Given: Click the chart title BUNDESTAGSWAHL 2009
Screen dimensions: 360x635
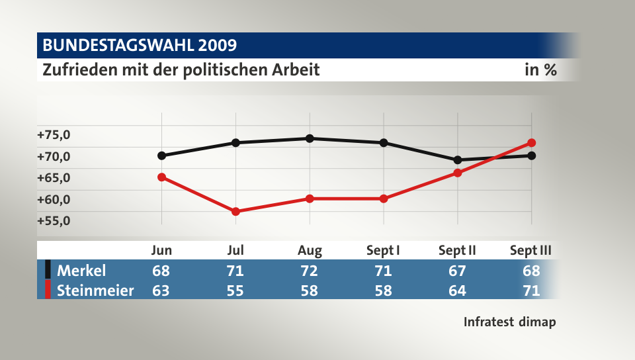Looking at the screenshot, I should pyautogui.click(x=140, y=46).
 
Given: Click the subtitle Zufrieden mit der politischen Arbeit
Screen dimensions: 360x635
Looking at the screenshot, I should pyautogui.click(x=181, y=69).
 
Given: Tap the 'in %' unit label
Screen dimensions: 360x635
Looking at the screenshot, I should pyautogui.click(x=540, y=69).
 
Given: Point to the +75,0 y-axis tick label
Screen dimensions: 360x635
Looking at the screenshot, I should pyautogui.click(x=54, y=135).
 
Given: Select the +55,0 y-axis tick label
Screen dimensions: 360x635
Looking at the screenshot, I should pyautogui.click(x=54, y=220).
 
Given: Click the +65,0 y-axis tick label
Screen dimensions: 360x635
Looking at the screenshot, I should pyautogui.click(x=54, y=177).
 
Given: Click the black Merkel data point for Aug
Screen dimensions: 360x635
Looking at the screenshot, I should pyautogui.click(x=310, y=138).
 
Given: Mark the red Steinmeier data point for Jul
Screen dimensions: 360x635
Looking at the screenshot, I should pyautogui.click(x=235, y=211).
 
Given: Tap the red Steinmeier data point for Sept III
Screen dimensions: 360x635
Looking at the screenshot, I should pyautogui.click(x=531, y=143).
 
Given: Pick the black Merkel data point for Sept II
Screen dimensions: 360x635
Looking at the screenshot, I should pyautogui.click(x=457, y=159).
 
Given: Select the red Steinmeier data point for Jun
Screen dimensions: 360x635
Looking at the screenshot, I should pyautogui.click(x=162, y=177).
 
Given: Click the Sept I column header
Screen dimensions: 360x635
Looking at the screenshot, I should pyautogui.click(x=383, y=250).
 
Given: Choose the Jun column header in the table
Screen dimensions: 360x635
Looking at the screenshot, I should pyautogui.click(x=162, y=250).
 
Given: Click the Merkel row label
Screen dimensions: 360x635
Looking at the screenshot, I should pyautogui.click(x=81, y=270).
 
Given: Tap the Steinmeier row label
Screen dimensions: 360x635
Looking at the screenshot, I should pyautogui.click(x=95, y=290).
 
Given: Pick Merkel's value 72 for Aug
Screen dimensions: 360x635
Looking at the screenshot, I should pyautogui.click(x=310, y=270).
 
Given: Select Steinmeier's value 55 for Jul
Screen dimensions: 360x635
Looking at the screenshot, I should pyautogui.click(x=235, y=290).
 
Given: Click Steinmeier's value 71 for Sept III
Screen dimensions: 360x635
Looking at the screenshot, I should pyautogui.click(x=531, y=290).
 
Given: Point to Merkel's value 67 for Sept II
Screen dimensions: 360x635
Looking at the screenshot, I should pyautogui.click(x=457, y=270).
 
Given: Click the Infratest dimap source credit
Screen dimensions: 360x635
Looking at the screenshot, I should pyautogui.click(x=509, y=322).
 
